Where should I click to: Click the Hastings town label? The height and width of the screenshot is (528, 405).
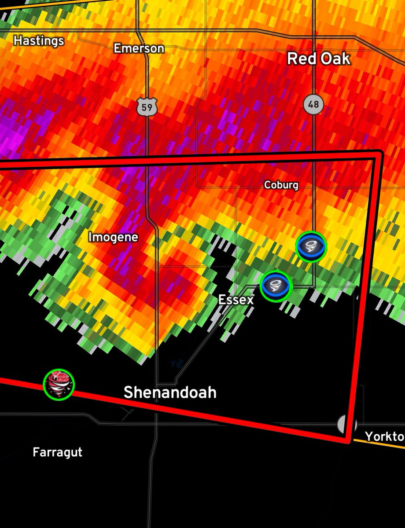[39, 41]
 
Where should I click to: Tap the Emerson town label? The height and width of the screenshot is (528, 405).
[139, 48]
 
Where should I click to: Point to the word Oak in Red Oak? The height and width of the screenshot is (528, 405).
[335, 59]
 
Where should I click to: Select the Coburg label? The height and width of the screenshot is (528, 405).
[281, 185]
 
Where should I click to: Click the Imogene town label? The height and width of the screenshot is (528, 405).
[113, 237]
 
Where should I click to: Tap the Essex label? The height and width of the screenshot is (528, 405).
[236, 300]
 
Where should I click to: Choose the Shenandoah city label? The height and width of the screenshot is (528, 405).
[170, 392]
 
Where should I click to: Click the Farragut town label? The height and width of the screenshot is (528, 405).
[57, 452]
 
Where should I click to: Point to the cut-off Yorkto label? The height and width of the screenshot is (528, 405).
[384, 436]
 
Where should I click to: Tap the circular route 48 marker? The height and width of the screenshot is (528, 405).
[313, 105]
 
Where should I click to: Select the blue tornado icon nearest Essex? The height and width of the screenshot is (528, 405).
[276, 286]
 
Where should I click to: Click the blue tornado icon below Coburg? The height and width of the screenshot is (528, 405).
[311, 246]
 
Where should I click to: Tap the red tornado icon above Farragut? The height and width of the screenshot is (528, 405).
[59, 384]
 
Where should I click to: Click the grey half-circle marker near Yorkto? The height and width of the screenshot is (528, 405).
[345, 425]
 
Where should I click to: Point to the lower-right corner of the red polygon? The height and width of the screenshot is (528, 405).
[350, 440]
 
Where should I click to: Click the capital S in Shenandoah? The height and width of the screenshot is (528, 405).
[129, 392]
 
